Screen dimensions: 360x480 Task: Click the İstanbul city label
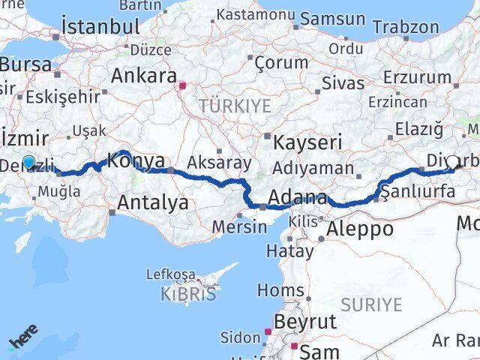pos(101,26)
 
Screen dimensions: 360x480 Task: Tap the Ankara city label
pos(143,76)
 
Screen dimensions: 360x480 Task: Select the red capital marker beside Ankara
pos(182,85)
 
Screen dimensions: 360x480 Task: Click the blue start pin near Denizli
pos(28,162)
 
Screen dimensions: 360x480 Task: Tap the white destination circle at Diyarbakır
pos(453,162)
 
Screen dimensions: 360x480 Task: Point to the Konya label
pos(136,160)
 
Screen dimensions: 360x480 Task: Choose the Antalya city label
pos(154,202)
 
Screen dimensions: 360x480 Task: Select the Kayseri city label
pos(307,141)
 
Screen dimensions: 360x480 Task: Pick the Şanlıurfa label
pos(418,192)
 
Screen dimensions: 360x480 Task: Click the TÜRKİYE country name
pos(235,106)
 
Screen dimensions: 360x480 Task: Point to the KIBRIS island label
pos(188,293)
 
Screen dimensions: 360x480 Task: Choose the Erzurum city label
pos(418,77)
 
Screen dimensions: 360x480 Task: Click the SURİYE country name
pos(372,304)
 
